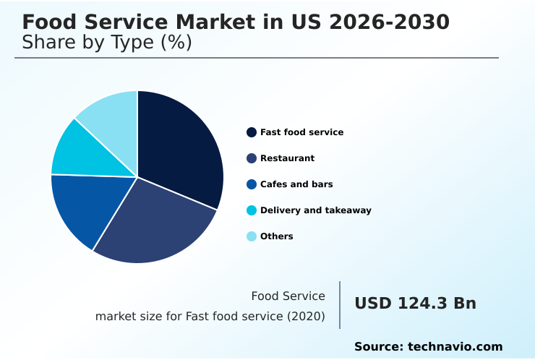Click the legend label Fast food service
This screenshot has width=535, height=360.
click(301, 132)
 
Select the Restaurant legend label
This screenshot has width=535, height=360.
click(287, 158)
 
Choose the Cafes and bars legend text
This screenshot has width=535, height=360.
click(296, 184)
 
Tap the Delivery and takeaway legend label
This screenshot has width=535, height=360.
click(315, 210)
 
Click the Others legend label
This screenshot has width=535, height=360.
click(276, 236)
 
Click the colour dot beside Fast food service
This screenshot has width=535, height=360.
click(252, 132)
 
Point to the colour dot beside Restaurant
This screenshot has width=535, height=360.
click(252, 158)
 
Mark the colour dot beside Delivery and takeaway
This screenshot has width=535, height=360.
click(252, 210)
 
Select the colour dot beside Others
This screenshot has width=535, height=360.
click(252, 236)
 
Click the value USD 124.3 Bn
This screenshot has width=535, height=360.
click(415, 304)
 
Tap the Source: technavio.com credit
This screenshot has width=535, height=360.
click(428, 347)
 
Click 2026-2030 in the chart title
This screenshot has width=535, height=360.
click(389, 22)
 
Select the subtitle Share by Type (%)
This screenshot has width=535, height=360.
click(107, 43)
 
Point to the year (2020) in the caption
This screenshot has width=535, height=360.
click(307, 316)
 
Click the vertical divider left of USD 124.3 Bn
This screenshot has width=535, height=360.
click(340, 305)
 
